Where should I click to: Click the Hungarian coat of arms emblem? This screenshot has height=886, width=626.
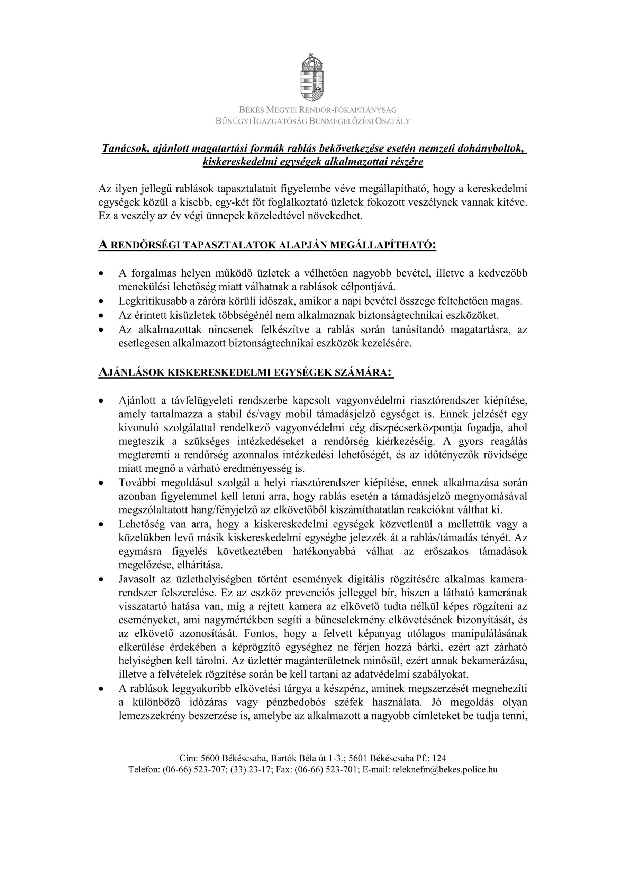[312, 77]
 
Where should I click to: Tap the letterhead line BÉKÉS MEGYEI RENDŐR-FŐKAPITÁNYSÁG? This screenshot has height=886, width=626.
[312, 110]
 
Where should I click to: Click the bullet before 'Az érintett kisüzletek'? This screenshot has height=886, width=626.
[101, 315]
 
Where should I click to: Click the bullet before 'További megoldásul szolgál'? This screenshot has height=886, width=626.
[101, 483]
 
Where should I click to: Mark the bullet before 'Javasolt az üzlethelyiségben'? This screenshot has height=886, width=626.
[101, 580]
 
